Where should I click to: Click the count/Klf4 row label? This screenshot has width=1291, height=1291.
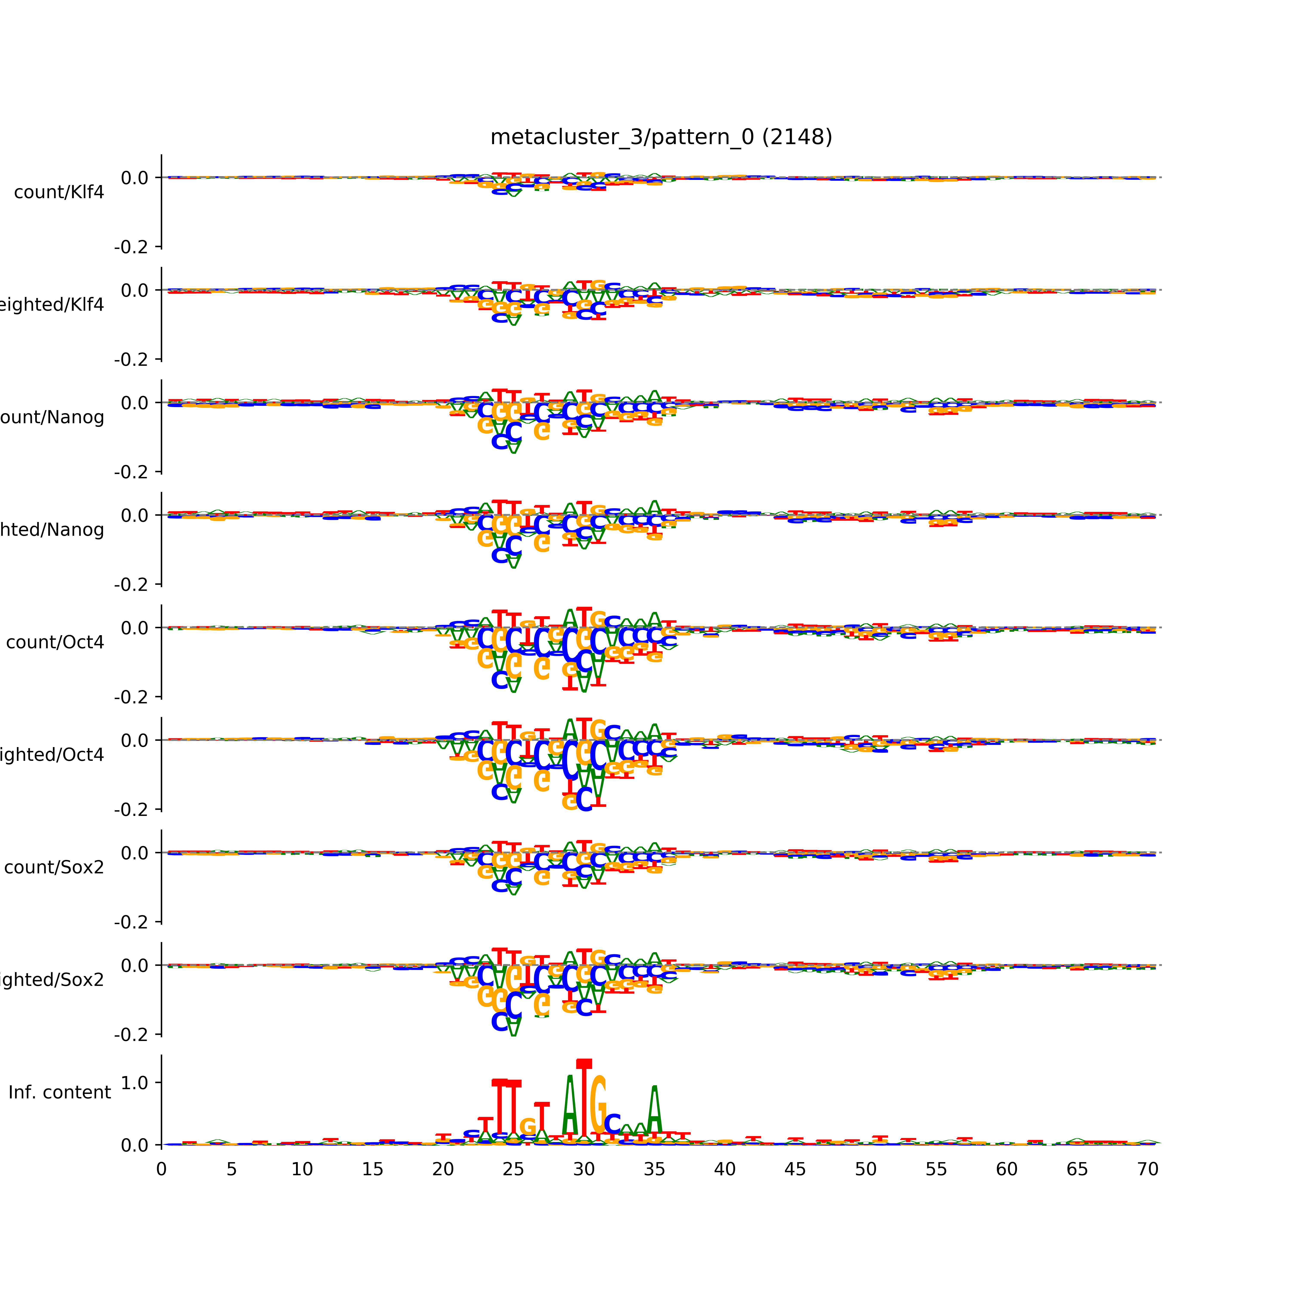click(x=59, y=192)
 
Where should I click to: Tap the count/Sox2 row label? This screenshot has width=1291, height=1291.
click(x=54, y=867)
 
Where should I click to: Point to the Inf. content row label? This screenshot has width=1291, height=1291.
click(x=59, y=1093)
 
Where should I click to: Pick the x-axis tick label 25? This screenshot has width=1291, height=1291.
click(x=513, y=1169)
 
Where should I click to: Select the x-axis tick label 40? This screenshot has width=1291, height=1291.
click(x=724, y=1169)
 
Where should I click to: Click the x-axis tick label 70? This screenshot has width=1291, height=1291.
click(x=1147, y=1169)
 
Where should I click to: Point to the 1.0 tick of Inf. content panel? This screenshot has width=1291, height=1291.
click(x=134, y=1083)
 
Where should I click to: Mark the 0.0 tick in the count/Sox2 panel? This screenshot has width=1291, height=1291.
click(x=134, y=853)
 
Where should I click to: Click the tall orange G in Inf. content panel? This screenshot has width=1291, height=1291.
click(x=599, y=1106)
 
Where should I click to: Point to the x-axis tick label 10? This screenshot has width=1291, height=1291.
click(x=302, y=1169)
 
